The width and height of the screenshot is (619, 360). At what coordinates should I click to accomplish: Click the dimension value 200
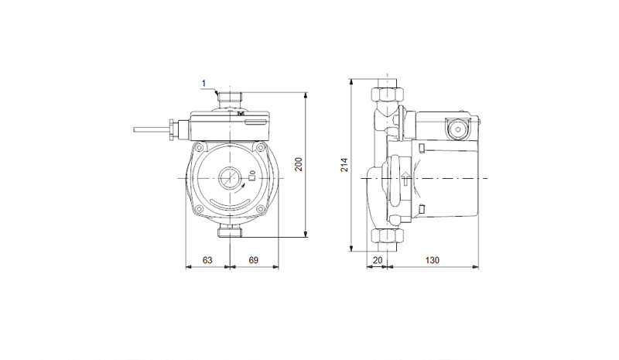tap(299, 164)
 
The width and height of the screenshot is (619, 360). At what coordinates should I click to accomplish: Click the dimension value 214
tap(344, 164)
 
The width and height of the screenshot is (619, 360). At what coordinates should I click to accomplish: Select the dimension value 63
tap(207, 260)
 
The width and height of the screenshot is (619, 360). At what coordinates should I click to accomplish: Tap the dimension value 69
tap(254, 260)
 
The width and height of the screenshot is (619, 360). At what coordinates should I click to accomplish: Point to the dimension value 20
tap(378, 260)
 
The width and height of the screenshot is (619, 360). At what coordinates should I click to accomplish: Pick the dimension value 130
tap(433, 260)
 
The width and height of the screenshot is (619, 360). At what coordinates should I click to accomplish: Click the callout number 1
tap(203, 84)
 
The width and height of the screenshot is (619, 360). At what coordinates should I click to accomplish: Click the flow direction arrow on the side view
tap(405, 179)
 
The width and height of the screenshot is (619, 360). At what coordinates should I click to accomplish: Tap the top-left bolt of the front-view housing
tap(200, 148)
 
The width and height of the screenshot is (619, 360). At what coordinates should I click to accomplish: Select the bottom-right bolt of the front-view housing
tap(260, 210)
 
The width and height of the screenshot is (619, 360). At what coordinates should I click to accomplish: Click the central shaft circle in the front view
tap(229, 178)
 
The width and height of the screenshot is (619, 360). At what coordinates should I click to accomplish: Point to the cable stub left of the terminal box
tap(152, 129)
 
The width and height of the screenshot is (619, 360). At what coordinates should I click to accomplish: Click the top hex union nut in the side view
tap(388, 94)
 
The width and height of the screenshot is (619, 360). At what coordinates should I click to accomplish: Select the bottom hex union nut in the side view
tap(388, 236)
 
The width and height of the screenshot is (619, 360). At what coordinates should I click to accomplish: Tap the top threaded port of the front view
tap(230, 98)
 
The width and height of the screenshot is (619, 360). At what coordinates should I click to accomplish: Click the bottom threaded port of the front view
tap(230, 232)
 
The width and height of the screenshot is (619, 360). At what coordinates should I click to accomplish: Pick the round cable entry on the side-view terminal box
tap(458, 129)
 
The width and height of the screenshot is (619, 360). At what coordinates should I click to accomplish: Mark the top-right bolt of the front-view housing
tap(260, 148)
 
